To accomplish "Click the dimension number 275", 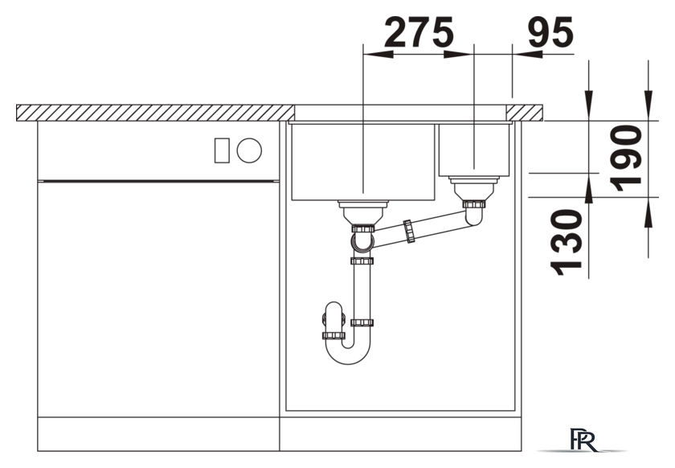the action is (419, 32).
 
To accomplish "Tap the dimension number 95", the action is (550, 32).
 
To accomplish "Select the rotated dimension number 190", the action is (626, 158).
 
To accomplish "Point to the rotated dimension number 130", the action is (567, 242).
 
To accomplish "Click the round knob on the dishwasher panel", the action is (249, 150).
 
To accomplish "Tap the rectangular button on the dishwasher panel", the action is (222, 150).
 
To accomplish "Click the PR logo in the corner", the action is (583, 440).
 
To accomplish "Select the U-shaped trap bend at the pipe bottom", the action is (348, 355).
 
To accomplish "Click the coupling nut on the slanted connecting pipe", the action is (409, 231).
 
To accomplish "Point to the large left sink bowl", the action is (363, 162).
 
